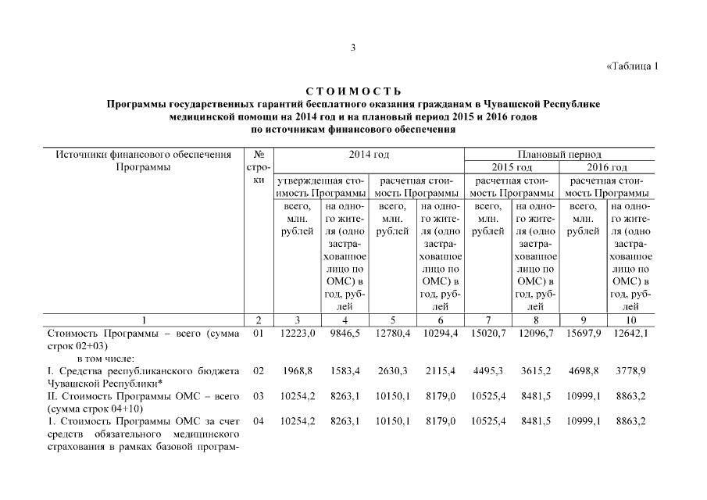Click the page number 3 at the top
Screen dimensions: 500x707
click(353, 48)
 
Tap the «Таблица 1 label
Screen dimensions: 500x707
click(633, 66)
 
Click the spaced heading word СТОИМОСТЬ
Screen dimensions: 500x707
click(353, 92)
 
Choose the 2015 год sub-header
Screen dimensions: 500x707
click(512, 168)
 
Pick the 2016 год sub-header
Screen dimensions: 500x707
click(607, 168)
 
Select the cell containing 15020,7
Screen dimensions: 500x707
click(490, 334)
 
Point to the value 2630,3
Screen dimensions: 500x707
click(392, 370)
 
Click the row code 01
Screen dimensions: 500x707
click(259, 334)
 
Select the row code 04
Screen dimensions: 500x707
click(259, 422)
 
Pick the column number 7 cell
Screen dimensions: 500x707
click(488, 320)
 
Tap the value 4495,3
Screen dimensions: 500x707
click(490, 370)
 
